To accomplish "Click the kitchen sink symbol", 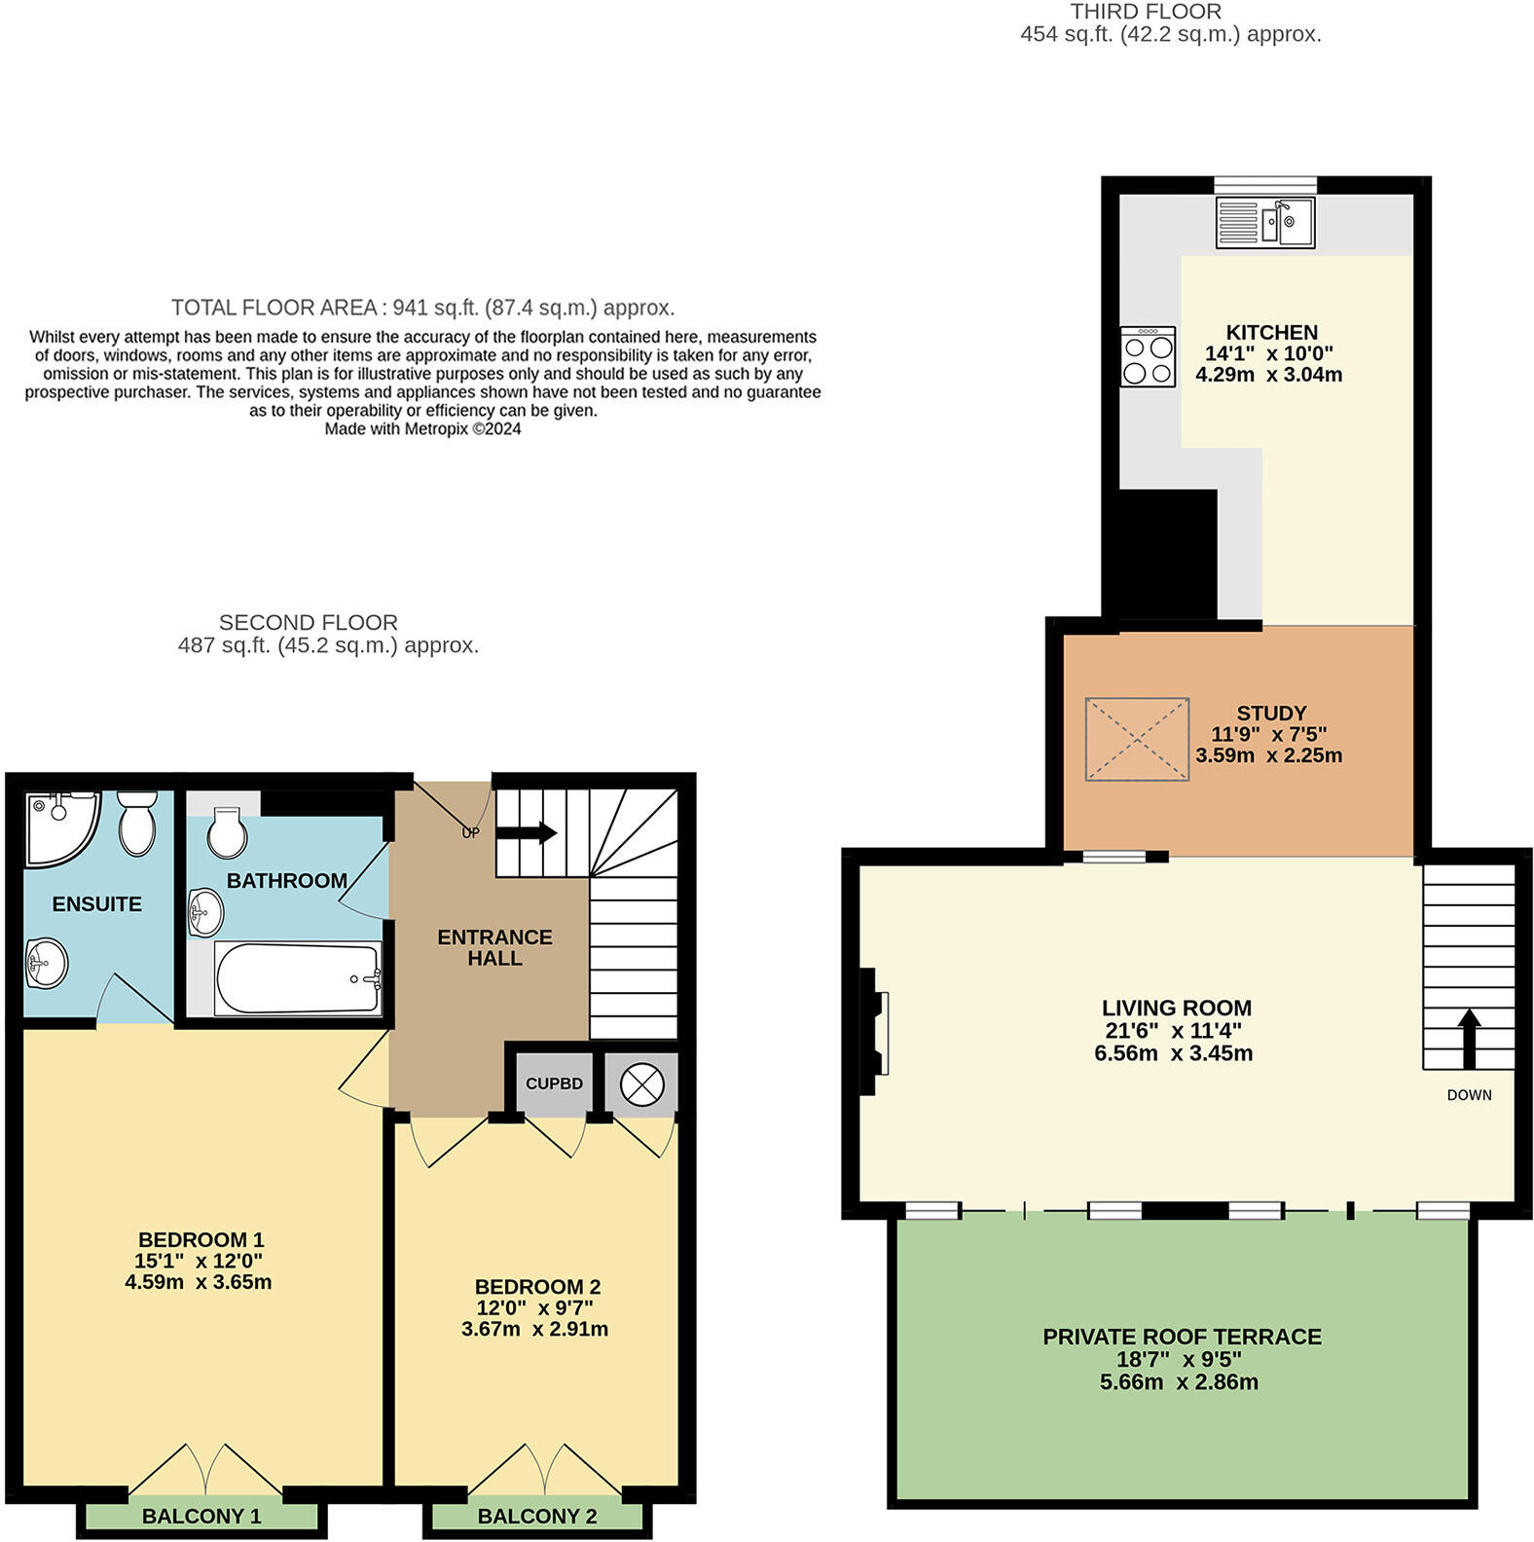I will click(1265, 223).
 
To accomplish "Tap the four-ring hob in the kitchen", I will click(1148, 357).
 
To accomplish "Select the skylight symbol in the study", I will click(1137, 739).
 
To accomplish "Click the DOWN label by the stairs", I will click(1469, 1095).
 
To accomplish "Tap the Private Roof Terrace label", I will click(1182, 1337).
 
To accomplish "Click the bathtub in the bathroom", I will click(298, 977).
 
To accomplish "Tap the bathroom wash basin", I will click(205, 912).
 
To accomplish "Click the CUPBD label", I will click(554, 1083).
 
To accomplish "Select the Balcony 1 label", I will click(201, 1516).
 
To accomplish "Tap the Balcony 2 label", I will click(537, 1516).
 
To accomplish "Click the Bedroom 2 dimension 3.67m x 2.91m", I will click(534, 1329).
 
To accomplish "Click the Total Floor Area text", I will click(422, 308).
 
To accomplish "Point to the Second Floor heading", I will click(308, 622).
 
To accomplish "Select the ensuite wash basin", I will click(45, 963).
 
